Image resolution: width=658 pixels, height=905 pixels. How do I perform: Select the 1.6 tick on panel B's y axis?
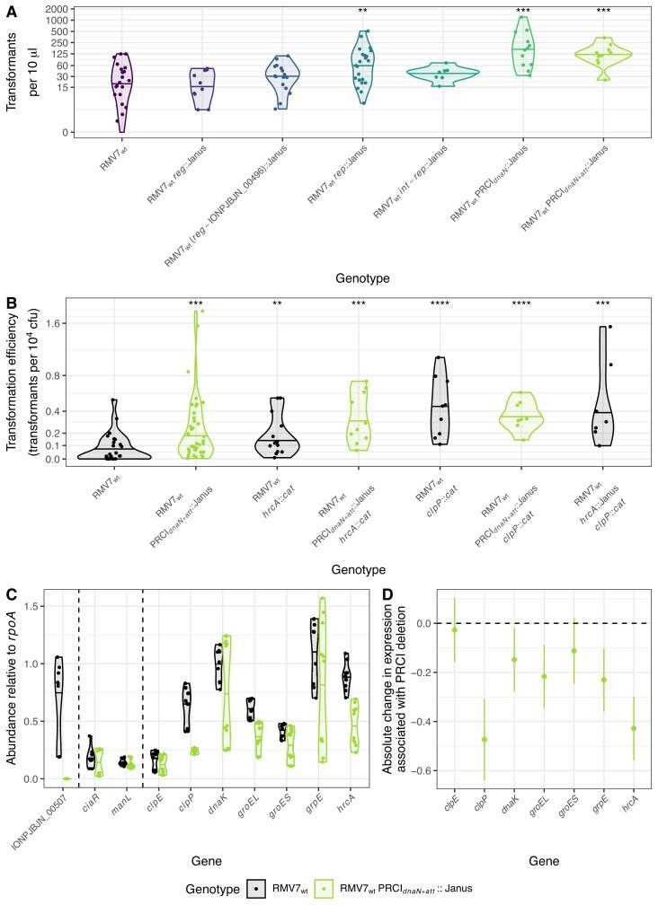[59, 323]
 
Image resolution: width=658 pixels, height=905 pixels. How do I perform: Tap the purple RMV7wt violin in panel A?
[122, 85]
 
